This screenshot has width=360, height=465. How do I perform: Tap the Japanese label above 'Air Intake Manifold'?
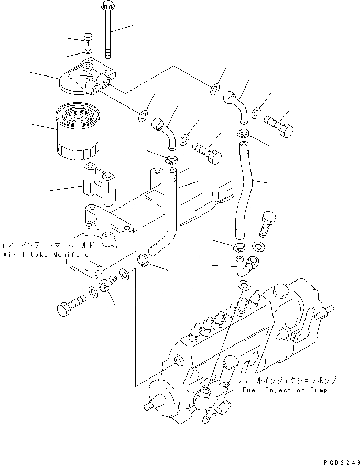(x=47, y=245)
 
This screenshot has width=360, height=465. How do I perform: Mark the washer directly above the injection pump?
(x=243, y=285)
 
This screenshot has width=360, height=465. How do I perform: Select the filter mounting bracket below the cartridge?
(x=100, y=186)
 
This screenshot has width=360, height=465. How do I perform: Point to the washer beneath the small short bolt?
(x=88, y=51)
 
